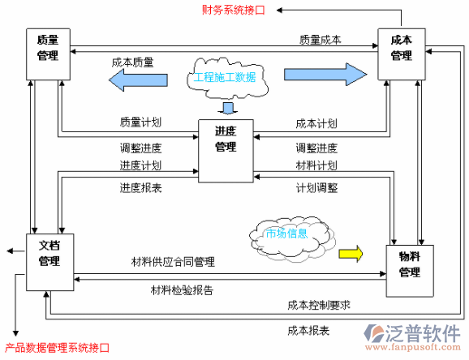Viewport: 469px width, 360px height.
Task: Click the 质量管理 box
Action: [x=48, y=54]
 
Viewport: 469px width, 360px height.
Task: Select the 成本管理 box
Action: [x=402, y=53]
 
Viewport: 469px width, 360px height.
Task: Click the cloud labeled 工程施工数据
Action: [x=224, y=78]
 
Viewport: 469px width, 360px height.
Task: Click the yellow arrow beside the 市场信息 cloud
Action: [x=350, y=252]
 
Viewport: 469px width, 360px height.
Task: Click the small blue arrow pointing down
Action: [x=228, y=109]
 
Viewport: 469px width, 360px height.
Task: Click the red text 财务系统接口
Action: [x=239, y=10]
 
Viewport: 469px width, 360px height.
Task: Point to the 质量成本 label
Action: [x=320, y=39]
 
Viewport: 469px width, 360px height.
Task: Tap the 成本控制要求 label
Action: [x=318, y=305]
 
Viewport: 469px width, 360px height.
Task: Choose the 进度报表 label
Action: [x=140, y=187]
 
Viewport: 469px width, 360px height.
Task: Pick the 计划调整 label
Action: [x=316, y=187]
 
